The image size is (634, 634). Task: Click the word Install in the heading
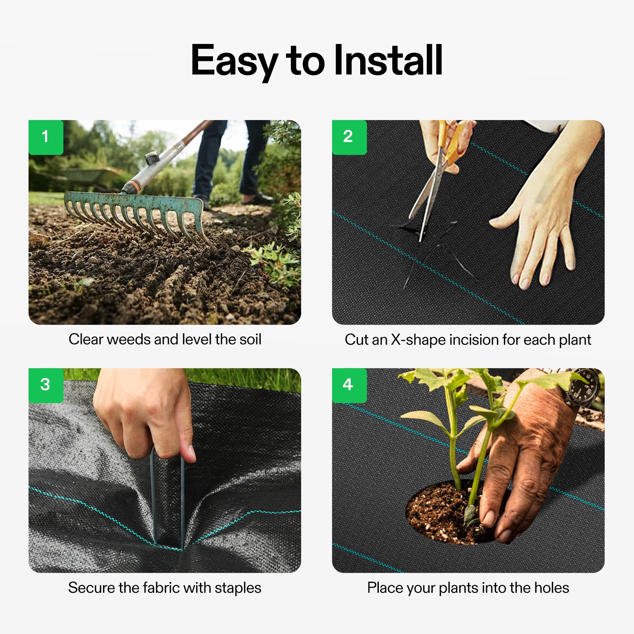388,60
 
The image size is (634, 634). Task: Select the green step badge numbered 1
46,137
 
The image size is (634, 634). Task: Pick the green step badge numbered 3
46,385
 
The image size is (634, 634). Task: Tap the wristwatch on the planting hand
582,386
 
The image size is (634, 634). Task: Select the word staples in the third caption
238,588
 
